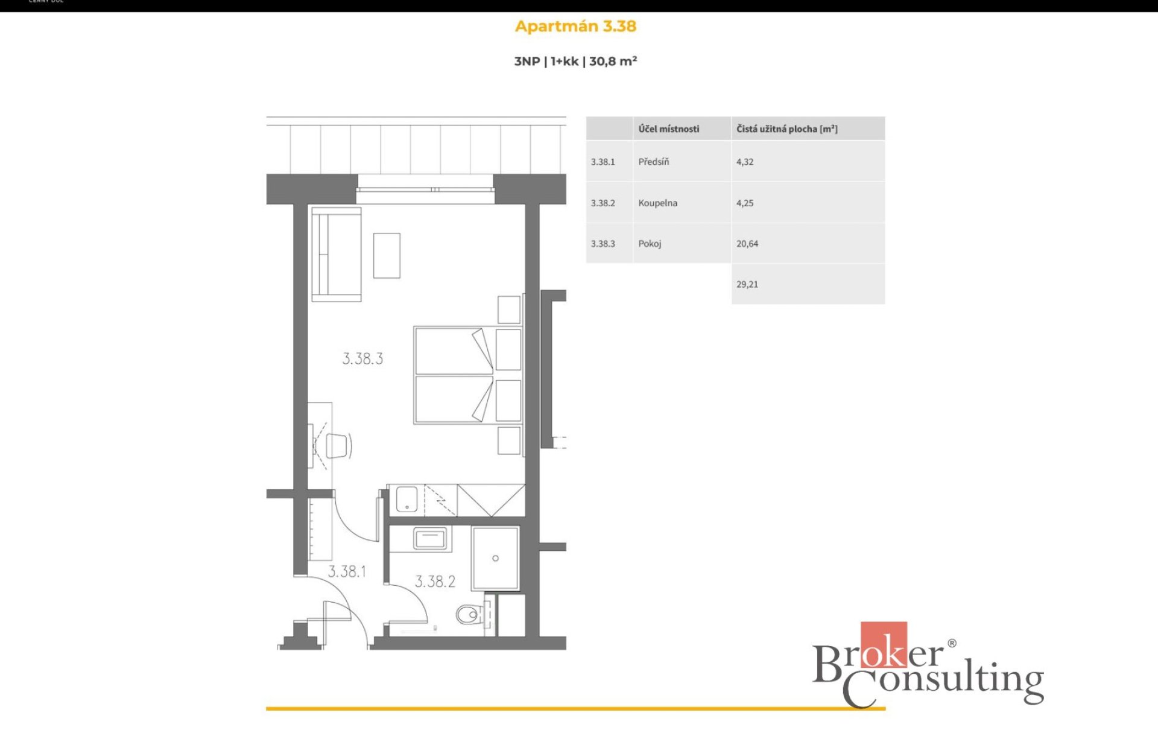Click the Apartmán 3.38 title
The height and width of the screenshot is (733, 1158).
pyautogui.click(x=575, y=27)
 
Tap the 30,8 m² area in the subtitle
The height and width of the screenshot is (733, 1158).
pyautogui.click(x=613, y=61)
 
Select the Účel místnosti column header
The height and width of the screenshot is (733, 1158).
pyautogui.click(x=669, y=129)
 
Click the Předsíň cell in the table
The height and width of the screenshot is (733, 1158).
pyautogui.click(x=654, y=162)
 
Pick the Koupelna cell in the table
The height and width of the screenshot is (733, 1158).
pyautogui.click(x=657, y=203)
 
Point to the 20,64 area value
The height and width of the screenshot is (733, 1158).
pyautogui.click(x=747, y=244)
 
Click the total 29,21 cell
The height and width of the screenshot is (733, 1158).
pyautogui.click(x=747, y=284)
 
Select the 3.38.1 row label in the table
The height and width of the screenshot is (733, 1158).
pyautogui.click(x=603, y=162)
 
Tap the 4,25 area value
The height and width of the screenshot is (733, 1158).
pyautogui.click(x=744, y=203)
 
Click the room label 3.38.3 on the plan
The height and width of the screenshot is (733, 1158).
pyautogui.click(x=362, y=358)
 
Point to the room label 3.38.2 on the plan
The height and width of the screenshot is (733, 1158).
pyautogui.click(x=435, y=582)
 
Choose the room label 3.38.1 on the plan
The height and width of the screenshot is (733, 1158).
pyautogui.click(x=347, y=571)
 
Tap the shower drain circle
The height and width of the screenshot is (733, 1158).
pyautogui.click(x=495, y=558)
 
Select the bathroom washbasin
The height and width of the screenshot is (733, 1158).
pyautogui.click(x=429, y=538)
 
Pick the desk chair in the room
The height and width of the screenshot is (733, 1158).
pyautogui.click(x=338, y=446)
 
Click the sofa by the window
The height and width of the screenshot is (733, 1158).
pyautogui.click(x=337, y=254)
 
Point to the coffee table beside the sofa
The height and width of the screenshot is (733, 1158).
pyautogui.click(x=387, y=256)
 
